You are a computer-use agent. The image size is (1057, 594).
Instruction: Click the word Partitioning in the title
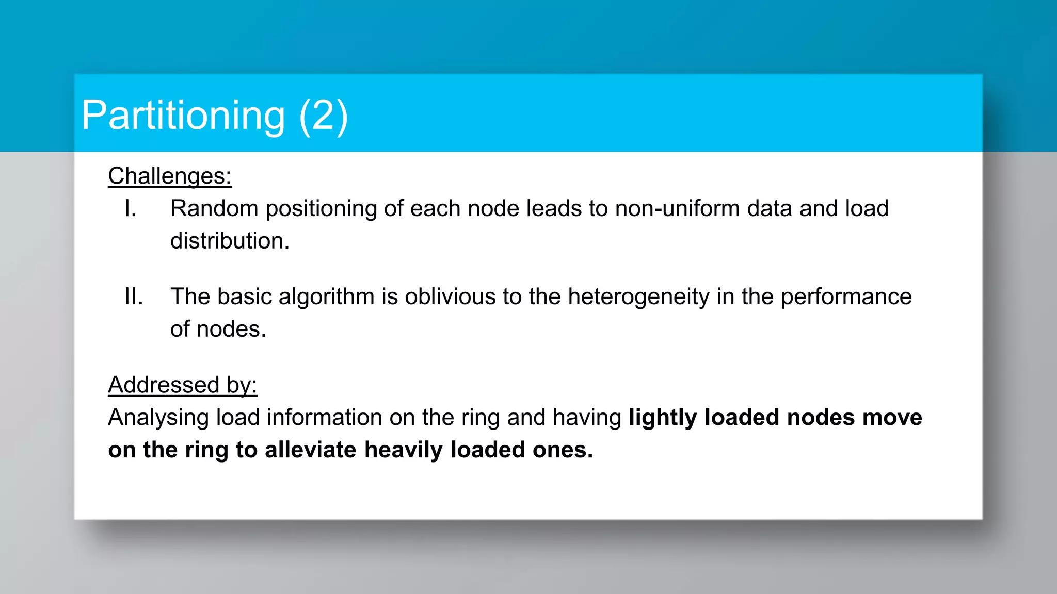(x=183, y=115)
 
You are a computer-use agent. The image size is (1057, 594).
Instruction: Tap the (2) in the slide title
(x=324, y=115)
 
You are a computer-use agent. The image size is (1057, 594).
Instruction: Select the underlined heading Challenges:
(x=170, y=176)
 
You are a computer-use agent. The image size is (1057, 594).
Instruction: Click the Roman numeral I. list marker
(x=131, y=209)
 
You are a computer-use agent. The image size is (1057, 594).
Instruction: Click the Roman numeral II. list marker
(x=134, y=297)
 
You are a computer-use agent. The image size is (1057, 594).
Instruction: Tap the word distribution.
(x=230, y=241)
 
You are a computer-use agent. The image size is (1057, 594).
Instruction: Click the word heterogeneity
(x=639, y=297)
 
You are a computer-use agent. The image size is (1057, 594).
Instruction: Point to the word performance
(x=846, y=297)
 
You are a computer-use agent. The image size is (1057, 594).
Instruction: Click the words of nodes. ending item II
(x=218, y=329)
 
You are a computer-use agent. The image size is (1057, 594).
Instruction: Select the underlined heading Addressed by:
(x=182, y=385)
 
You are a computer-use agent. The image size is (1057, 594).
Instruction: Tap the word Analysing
(x=158, y=418)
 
